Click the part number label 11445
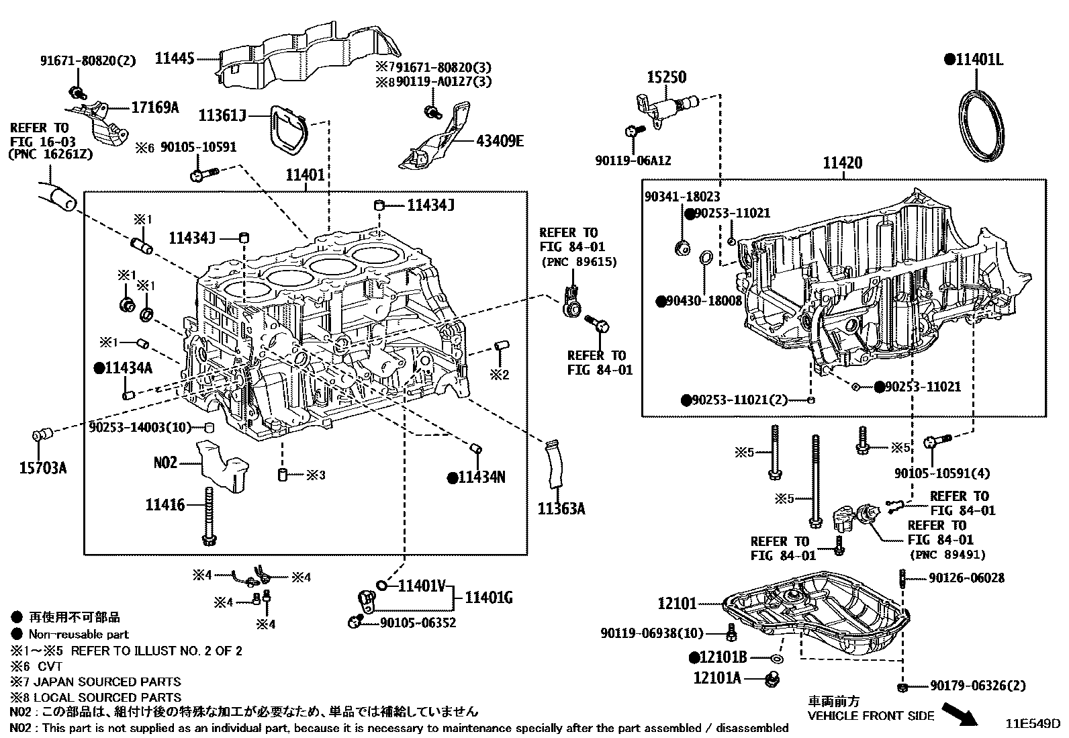click(x=175, y=59)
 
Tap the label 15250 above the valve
click(x=666, y=77)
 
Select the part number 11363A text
click(x=561, y=509)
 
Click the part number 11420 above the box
click(x=843, y=163)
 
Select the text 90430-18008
click(x=704, y=301)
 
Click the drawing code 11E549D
click(x=1032, y=725)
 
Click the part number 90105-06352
click(x=418, y=623)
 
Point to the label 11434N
click(x=481, y=477)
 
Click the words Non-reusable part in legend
click(x=78, y=634)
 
